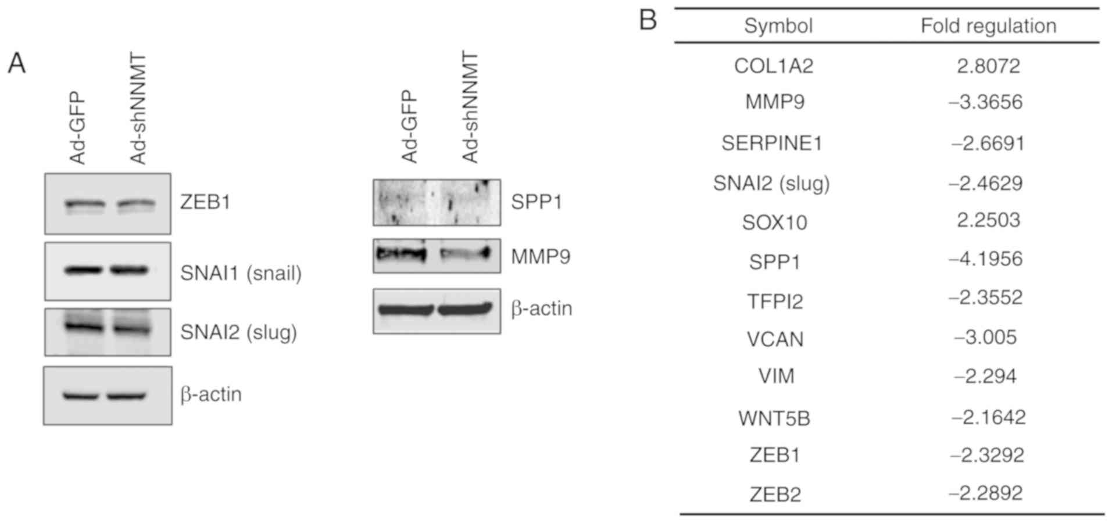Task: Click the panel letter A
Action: (16, 63)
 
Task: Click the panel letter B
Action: (648, 20)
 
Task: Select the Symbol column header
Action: (778, 26)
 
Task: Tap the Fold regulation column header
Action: (988, 26)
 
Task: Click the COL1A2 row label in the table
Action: (774, 66)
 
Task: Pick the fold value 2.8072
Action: (988, 66)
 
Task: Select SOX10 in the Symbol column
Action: (774, 223)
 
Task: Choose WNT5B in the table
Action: (774, 418)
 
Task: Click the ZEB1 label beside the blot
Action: (205, 202)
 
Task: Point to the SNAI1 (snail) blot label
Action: (241, 273)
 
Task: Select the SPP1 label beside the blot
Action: (537, 202)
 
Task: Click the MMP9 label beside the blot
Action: (541, 256)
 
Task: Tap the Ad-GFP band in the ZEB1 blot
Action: (85, 205)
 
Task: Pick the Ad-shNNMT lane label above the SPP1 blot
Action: (470, 108)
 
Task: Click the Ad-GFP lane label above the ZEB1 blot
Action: (77, 128)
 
